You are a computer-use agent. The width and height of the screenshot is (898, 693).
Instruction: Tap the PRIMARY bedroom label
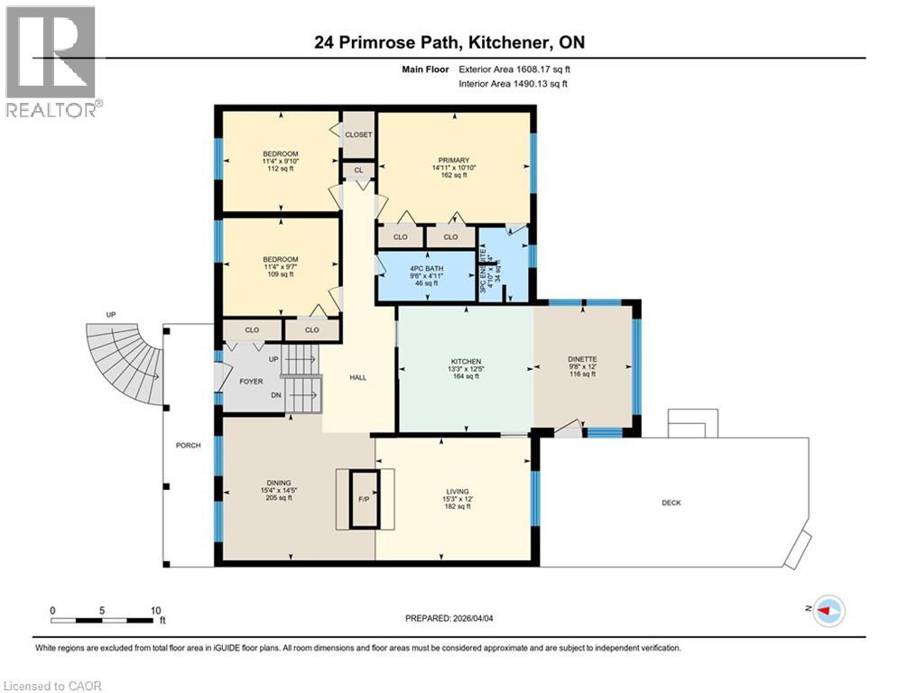pyautogui.click(x=452, y=160)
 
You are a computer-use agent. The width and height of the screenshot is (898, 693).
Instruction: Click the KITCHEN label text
pyautogui.click(x=466, y=361)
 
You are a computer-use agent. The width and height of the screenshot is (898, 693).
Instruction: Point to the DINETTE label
pyautogui.click(x=582, y=359)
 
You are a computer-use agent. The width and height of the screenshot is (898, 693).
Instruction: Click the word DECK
pyautogui.click(x=671, y=503)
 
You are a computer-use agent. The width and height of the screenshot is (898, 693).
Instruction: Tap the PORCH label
pyautogui.click(x=188, y=445)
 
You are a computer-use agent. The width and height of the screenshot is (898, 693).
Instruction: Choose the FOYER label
pyautogui.click(x=251, y=382)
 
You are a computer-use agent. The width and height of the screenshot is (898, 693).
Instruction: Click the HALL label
pyautogui.click(x=357, y=378)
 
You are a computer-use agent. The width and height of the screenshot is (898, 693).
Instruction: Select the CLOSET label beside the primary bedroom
pyautogui.click(x=358, y=134)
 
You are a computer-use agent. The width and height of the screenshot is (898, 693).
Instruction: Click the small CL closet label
pyautogui.click(x=358, y=170)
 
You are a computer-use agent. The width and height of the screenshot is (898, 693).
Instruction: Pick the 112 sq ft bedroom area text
pyautogui.click(x=281, y=169)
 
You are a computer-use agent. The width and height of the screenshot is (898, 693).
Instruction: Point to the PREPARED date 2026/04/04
pyautogui.click(x=453, y=618)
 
